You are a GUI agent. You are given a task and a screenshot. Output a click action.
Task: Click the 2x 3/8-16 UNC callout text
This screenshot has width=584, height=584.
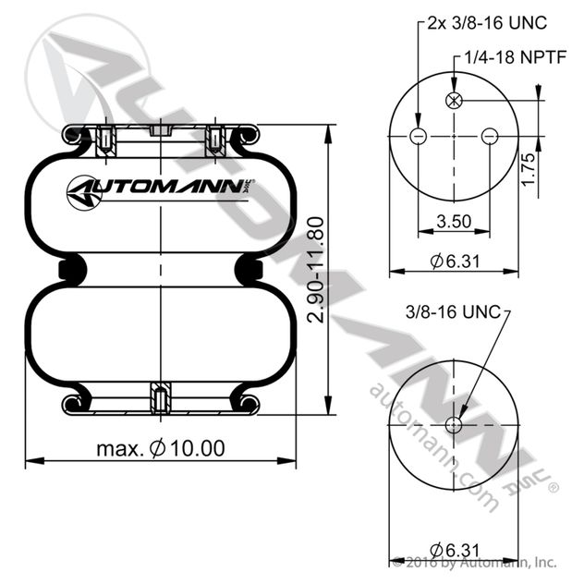click(x=487, y=23)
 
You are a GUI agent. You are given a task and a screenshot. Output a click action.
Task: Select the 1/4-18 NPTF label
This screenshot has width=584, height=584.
click(x=516, y=57)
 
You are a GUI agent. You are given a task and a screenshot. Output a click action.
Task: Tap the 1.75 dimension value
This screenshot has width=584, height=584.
click(x=529, y=169)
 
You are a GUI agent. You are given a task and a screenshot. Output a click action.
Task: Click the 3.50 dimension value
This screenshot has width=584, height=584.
click(x=454, y=221)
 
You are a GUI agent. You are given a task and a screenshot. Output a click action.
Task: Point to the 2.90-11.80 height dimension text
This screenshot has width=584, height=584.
click(x=316, y=270)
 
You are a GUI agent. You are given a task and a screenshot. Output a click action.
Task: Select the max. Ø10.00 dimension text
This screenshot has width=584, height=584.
click(x=161, y=448)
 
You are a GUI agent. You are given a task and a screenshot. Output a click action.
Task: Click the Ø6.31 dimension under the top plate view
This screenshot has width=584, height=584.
click(x=455, y=262)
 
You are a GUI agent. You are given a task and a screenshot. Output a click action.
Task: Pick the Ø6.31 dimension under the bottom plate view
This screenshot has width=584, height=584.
click(x=455, y=550)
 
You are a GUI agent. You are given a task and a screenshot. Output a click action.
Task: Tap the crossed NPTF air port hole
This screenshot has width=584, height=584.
click(x=454, y=100)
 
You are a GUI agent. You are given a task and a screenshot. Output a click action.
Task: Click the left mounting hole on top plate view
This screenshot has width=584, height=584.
click(x=418, y=137)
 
